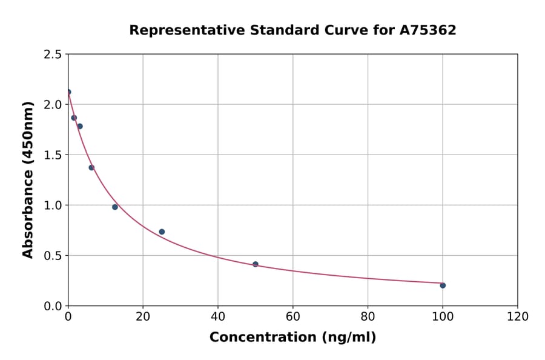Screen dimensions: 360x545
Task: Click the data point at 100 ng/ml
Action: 443,285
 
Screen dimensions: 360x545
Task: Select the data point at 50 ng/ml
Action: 256,264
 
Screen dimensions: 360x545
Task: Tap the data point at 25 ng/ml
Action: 162,232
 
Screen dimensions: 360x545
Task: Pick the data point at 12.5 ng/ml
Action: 115,207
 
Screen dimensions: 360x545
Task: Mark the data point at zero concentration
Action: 68,92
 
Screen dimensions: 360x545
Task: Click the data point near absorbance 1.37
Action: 91,167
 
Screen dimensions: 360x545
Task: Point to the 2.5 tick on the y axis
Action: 53,55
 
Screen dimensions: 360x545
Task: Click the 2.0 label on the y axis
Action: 53,105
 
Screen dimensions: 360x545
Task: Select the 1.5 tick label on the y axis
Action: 53,155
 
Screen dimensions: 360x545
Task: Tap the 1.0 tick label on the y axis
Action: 53,205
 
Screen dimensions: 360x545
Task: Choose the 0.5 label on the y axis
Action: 53,256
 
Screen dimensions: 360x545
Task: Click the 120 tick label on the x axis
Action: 518,316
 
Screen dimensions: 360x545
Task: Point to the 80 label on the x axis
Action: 368,316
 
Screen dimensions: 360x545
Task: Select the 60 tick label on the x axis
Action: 293,316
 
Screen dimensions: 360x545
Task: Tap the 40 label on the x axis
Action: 218,316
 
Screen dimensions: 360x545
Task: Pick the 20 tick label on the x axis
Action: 143,316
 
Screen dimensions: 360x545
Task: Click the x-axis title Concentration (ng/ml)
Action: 292,338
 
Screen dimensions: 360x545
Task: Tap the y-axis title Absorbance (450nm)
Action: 28,179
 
